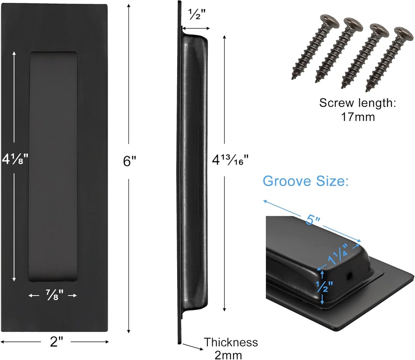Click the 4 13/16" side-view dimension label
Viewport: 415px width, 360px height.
pos(230,159)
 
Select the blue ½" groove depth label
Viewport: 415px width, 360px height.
pos(325,288)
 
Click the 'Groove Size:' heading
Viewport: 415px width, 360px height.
pos(306,181)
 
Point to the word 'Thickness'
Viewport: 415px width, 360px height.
pos(231,342)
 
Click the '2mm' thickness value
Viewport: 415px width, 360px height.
pos(229,355)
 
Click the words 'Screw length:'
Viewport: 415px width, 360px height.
pos(357,103)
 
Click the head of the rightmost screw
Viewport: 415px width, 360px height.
pos(401,33)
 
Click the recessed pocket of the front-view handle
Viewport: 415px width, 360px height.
pos(53,166)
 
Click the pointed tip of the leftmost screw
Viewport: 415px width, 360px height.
pos(294,76)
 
